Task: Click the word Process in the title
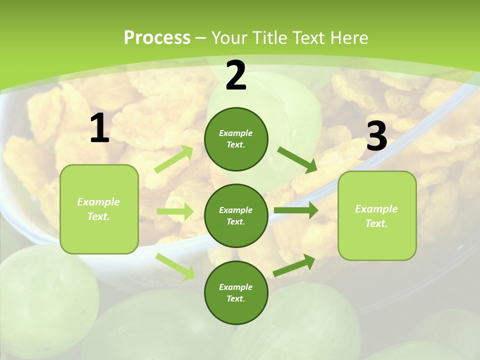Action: point(157,38)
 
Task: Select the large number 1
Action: point(99,128)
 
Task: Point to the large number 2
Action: point(236,76)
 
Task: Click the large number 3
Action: point(376,136)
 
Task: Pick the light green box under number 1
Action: point(99,209)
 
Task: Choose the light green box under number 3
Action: point(377,215)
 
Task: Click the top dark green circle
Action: point(236,139)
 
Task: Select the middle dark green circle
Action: point(236,215)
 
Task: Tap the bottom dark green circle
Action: point(236,292)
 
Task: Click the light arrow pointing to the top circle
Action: point(174,159)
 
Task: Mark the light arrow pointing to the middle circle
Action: point(175,211)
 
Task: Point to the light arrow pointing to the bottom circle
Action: point(175,266)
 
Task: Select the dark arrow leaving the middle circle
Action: point(296,210)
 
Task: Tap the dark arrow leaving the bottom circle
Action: point(294,265)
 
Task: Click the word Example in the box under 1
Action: point(98,202)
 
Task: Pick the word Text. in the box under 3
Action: point(376,223)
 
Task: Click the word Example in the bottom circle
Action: point(235,287)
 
